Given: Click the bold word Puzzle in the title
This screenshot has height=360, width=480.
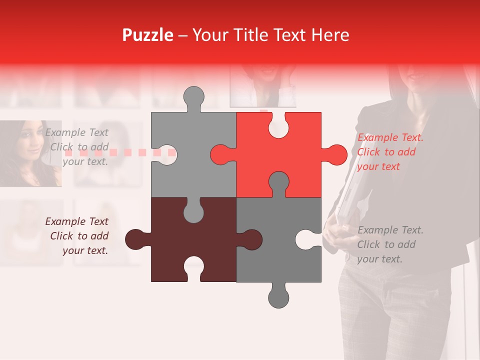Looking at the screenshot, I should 147,35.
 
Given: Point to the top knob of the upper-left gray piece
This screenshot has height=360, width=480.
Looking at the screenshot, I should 193,97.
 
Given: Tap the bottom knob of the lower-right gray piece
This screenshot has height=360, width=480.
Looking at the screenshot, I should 278,296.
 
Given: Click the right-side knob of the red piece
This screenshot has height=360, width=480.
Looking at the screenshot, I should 335,154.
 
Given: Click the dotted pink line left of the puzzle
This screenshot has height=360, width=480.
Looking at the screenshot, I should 120,152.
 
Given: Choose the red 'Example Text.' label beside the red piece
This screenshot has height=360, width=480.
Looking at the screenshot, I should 390,138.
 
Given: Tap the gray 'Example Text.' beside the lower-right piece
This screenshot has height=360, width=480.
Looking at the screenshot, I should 390,230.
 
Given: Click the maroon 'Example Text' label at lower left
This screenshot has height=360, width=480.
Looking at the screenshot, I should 77,221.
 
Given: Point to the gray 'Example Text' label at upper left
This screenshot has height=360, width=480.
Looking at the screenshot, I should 77,132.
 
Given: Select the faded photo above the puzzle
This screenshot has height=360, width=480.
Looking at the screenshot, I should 262,85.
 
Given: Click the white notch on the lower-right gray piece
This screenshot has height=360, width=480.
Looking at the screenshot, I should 305,239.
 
